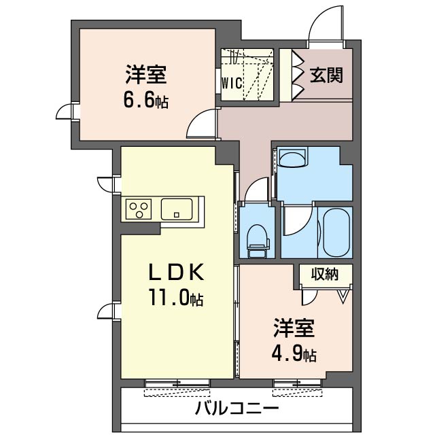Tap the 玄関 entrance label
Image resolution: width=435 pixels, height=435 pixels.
(x=326, y=75)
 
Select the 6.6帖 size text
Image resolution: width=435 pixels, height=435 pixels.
(x=145, y=101)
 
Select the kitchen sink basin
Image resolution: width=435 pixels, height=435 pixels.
(x=181, y=208)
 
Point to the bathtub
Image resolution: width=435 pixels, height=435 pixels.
(x=336, y=232)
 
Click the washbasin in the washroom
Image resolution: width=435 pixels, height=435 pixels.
(x=293, y=160)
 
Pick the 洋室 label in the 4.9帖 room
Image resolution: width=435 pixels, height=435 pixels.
(x=294, y=329)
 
